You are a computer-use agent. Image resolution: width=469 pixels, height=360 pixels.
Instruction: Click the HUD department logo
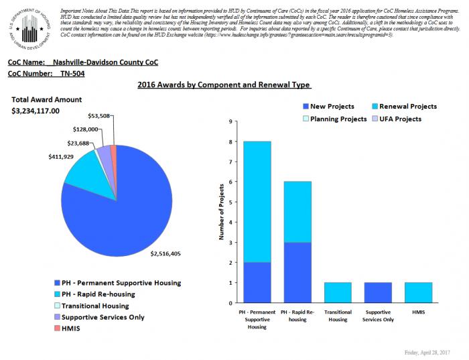pos(29,28)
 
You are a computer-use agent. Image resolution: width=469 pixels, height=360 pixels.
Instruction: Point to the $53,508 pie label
pos(99,116)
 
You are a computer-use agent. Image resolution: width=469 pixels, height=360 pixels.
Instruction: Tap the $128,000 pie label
pos(85,129)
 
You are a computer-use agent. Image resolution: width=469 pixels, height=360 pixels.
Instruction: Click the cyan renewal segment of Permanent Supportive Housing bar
pos(257,201)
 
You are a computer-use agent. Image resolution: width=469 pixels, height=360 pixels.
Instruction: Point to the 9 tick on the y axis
pos(230,122)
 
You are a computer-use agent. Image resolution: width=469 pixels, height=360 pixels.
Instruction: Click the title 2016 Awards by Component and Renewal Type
pos(224,85)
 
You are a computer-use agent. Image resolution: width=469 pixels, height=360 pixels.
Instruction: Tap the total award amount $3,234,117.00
pos(36,111)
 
